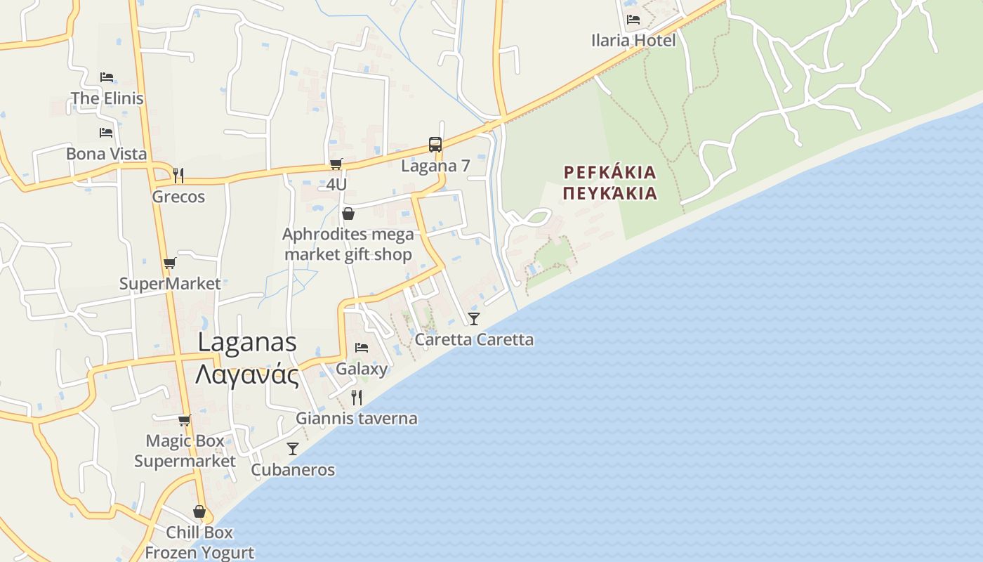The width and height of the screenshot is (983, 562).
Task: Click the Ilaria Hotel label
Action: point(633,40)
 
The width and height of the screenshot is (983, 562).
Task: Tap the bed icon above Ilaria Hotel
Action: point(633,20)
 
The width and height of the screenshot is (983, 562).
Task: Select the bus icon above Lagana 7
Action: point(435,145)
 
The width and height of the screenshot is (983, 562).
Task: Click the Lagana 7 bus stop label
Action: point(435,166)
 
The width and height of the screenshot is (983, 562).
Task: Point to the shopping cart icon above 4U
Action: point(336,164)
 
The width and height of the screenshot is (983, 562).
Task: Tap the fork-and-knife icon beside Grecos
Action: point(178,175)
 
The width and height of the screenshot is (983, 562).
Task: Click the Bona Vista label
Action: point(106,154)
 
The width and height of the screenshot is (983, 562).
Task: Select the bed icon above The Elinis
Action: point(106,77)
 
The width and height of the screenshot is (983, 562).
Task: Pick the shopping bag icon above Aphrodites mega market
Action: point(348,214)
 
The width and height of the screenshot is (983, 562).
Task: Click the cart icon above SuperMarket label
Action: point(169,263)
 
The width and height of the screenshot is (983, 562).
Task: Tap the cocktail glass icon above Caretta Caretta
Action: point(474,319)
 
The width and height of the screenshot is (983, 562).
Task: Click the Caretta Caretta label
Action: point(474,340)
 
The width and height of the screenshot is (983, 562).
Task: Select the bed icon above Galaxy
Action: point(362,348)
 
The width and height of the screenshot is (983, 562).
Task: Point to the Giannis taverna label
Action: point(356,419)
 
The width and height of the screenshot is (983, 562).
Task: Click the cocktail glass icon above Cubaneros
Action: point(293,449)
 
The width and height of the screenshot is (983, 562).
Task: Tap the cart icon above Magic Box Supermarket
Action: point(184,421)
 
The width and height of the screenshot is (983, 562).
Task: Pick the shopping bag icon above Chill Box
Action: point(199,511)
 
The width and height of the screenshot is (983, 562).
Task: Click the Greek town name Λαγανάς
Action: point(247,374)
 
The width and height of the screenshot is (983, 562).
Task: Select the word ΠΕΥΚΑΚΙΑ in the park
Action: point(609,193)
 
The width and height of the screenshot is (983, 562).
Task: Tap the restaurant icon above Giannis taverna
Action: point(356,398)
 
